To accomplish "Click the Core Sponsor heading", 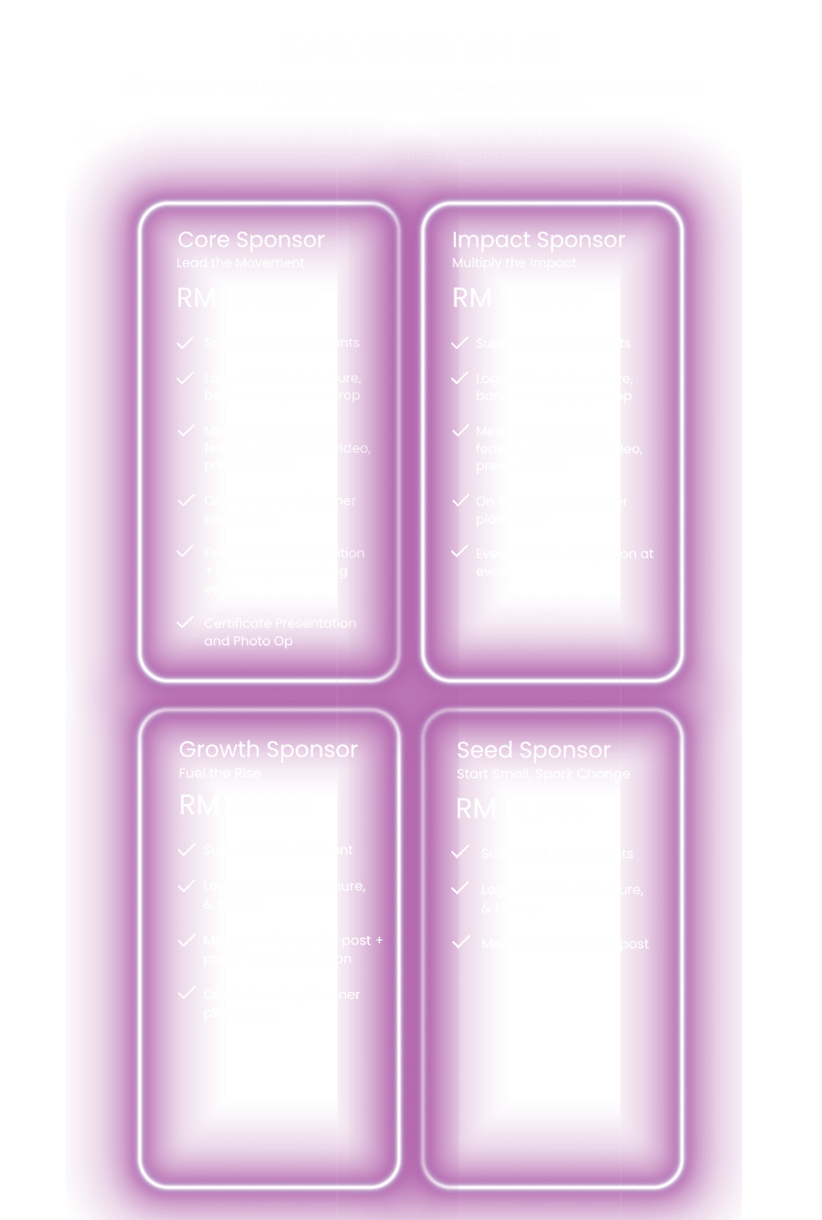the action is point(250,239).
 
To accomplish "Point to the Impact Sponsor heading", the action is point(538,239).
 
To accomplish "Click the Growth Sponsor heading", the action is point(268,749).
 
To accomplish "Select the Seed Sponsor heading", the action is point(533,750).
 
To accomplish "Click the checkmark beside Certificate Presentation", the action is point(185,622).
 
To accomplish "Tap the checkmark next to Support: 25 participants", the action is point(460,343).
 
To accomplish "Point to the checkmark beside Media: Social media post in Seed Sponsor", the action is point(461,942).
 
